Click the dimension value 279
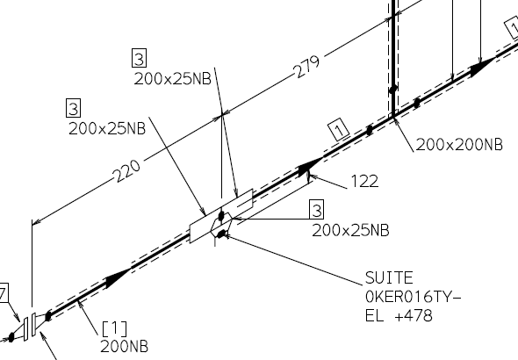(307, 67)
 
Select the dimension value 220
(127, 170)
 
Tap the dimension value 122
(364, 182)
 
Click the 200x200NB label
(459, 145)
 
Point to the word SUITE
(389, 277)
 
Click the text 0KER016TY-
(413, 297)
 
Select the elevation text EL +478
(399, 315)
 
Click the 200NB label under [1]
(124, 347)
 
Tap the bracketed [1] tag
(114, 328)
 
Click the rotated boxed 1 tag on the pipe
(339, 129)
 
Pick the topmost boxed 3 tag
(139, 58)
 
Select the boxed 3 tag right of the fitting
(316, 209)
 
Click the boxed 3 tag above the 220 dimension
(74, 108)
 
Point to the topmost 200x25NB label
(172, 79)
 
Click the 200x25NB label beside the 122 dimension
(350, 231)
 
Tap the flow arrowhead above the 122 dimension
(310, 167)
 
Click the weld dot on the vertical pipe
(393, 90)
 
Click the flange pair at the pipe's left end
(30, 327)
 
